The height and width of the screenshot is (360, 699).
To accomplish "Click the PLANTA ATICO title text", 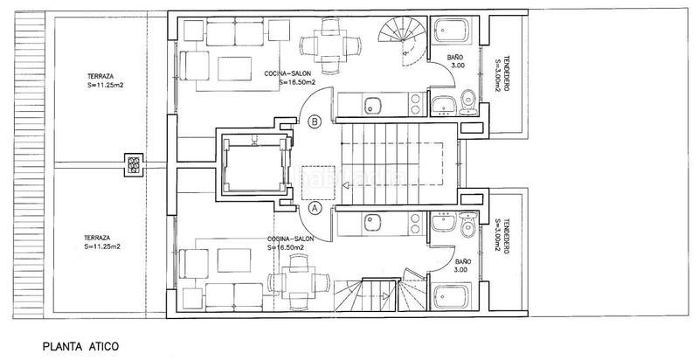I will click(x=80, y=347).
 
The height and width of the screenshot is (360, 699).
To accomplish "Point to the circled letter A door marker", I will click(x=315, y=209).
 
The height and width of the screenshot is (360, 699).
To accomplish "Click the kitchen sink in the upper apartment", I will click(x=371, y=107).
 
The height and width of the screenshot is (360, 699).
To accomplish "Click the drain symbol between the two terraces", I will click(x=133, y=164).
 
